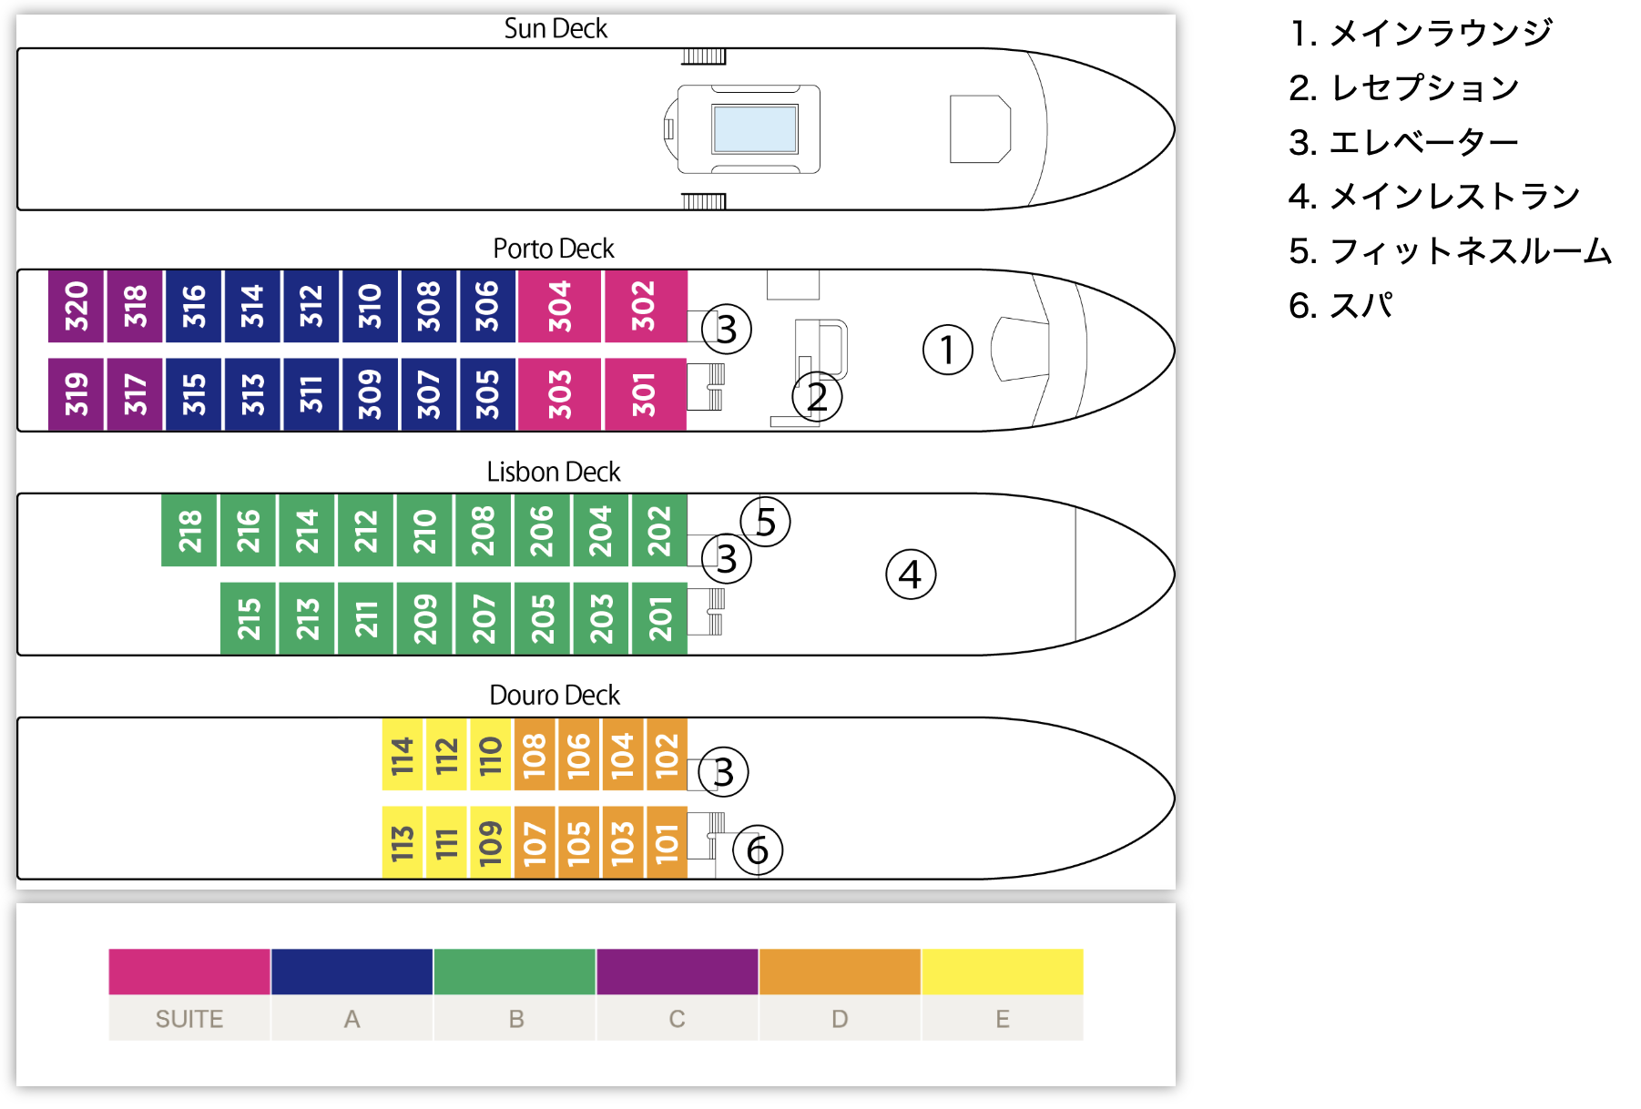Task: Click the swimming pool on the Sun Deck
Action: [x=755, y=128]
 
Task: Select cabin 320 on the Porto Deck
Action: [x=76, y=306]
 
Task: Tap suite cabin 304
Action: [x=559, y=306]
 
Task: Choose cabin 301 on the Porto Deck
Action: [x=644, y=394]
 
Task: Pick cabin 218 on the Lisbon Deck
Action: [x=189, y=531]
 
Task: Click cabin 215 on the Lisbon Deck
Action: [x=249, y=619]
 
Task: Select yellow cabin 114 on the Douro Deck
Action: [x=403, y=755]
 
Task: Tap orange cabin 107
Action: [x=535, y=842]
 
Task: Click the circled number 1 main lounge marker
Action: [x=947, y=350]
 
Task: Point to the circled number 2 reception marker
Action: [x=817, y=397]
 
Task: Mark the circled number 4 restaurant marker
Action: [x=910, y=575]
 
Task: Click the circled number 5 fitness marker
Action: [x=765, y=522]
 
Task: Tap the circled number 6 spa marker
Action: [x=757, y=850]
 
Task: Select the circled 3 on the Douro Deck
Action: [x=723, y=772]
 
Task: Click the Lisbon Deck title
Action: [x=553, y=472]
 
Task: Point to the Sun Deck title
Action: [x=555, y=28]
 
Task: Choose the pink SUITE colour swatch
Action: [x=189, y=972]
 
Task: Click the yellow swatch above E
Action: [x=1002, y=972]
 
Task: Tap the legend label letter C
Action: [x=677, y=1019]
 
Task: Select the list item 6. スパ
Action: [x=1340, y=306]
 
